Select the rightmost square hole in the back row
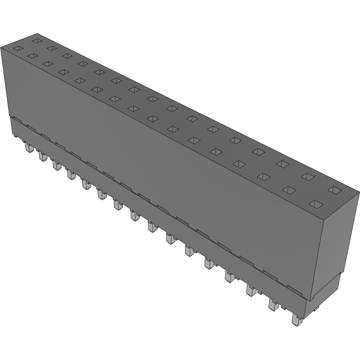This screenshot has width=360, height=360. pyautogui.click(x=334, y=189)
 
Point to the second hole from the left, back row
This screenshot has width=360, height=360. pyautogui.click(x=52, y=48)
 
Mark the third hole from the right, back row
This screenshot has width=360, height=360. pyautogui.click(x=282, y=163)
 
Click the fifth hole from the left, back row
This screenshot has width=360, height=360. pyautogui.click(x=99, y=71)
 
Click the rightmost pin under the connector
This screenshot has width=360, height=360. pyautogui.click(x=295, y=320)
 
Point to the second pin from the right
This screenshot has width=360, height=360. pyautogui.click(x=273, y=304)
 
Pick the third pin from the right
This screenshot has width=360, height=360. pyautogui.click(x=250, y=290)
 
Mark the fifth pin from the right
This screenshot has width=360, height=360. pyautogui.click(x=209, y=263)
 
